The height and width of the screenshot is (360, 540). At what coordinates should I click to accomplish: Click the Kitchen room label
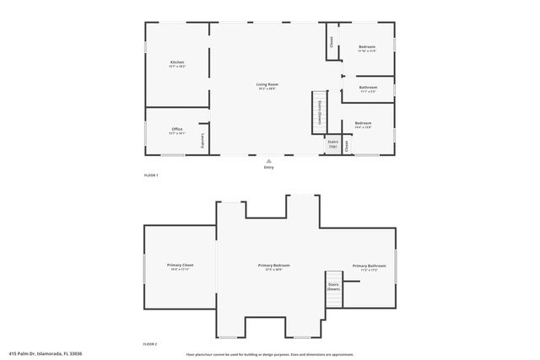pyautogui.click(x=177, y=62)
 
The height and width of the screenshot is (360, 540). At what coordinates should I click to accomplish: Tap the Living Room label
pyautogui.click(x=268, y=84)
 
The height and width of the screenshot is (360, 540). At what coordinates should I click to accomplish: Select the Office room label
pyautogui.click(x=176, y=129)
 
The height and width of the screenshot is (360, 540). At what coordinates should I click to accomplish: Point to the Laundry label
pyautogui.click(x=202, y=142)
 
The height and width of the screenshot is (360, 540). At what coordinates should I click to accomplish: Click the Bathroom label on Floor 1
pyautogui.click(x=368, y=87)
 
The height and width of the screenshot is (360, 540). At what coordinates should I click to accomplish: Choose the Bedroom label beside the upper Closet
pyautogui.click(x=367, y=46)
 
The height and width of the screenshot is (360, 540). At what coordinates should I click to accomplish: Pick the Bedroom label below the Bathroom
pyautogui.click(x=363, y=123)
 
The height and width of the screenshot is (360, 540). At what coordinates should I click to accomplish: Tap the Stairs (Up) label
pyautogui.click(x=332, y=144)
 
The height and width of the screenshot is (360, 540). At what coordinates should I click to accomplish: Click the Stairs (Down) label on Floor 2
pyautogui.click(x=333, y=287)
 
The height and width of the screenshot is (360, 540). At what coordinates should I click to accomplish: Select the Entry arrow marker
pyautogui.click(x=268, y=160)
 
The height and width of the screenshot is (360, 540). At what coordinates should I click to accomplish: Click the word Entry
pyautogui.click(x=268, y=167)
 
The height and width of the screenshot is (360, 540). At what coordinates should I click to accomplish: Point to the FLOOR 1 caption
pyautogui.click(x=150, y=175)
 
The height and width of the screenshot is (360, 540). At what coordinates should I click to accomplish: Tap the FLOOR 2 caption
pyautogui.click(x=150, y=344)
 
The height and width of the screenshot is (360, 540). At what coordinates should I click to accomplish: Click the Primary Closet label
pyautogui.click(x=181, y=266)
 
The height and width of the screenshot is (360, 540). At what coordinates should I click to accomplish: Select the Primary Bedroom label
pyautogui.click(x=269, y=266)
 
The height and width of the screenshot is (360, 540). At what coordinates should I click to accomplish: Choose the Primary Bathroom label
pyautogui.click(x=370, y=266)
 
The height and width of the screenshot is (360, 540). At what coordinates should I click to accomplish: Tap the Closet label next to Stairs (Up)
pyautogui.click(x=346, y=145)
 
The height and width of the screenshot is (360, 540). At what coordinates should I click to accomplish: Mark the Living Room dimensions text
pyautogui.click(x=268, y=88)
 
